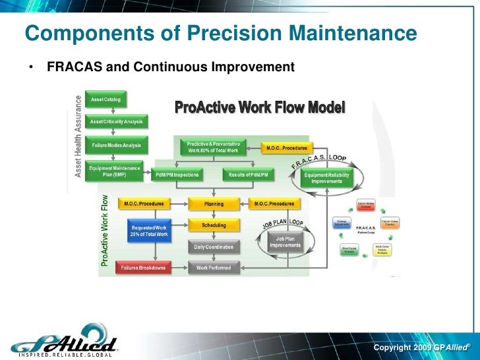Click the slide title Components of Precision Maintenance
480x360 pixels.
click(221, 34)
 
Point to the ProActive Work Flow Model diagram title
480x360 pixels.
click(260, 107)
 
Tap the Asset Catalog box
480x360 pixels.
click(105, 100)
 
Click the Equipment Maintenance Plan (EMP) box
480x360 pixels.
click(115, 171)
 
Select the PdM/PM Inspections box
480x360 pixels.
click(177, 175)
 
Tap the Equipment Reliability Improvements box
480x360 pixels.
click(327, 178)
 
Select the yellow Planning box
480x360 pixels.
click(214, 204)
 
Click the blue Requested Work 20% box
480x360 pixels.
click(148, 231)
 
